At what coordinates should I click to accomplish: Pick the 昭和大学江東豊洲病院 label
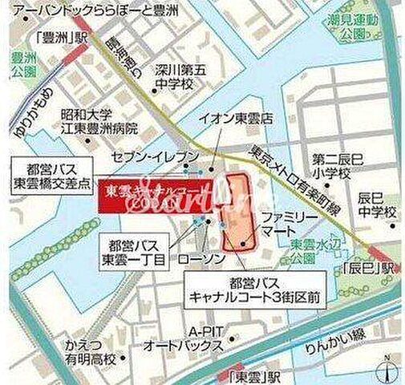100,120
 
